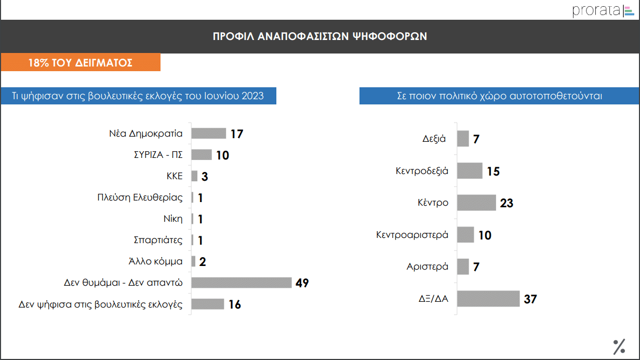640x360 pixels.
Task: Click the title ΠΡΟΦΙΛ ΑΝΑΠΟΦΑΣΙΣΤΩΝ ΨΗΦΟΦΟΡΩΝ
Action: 319,36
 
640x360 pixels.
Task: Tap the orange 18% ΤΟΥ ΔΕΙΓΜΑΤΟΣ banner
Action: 81,63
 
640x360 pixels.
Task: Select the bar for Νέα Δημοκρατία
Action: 209,134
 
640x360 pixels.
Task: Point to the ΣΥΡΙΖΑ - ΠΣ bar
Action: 202,155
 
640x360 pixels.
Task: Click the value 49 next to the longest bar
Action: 302,283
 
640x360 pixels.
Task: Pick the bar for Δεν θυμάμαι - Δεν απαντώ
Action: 242,283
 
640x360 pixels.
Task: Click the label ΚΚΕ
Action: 174,176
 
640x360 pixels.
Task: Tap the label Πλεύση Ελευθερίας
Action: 140,197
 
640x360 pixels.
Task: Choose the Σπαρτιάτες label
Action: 158,240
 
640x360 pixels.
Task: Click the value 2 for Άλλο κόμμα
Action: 203,262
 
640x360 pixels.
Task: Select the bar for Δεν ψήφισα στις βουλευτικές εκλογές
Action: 208,304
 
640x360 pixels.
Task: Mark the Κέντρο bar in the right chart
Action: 477,203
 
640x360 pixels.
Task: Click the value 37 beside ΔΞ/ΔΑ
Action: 530,299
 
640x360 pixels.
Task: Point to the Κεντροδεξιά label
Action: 422,171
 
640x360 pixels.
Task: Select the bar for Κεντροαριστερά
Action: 466,235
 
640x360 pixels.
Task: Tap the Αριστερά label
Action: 427,267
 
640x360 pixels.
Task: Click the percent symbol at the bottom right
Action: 619,346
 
